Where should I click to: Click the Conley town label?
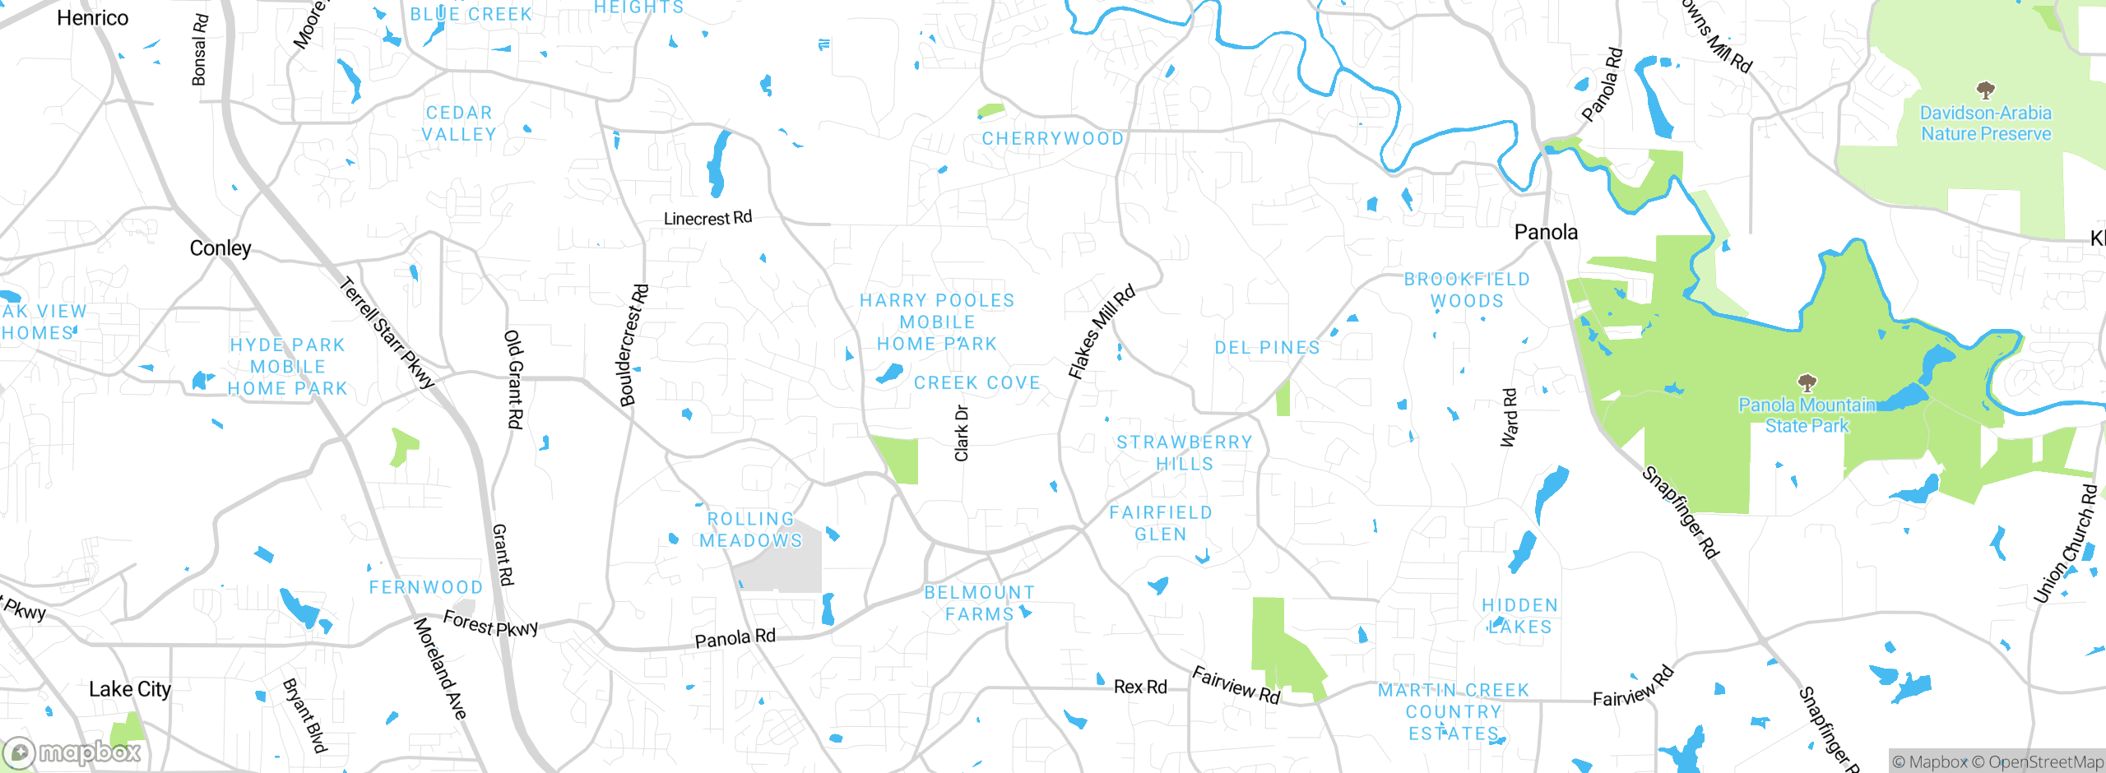pyautogui.click(x=220, y=248)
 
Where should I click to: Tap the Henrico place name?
pyautogui.click(x=92, y=18)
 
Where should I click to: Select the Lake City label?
pyautogui.click(x=130, y=689)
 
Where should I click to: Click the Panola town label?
pyautogui.click(x=1546, y=232)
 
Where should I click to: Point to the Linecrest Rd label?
pyautogui.click(x=707, y=218)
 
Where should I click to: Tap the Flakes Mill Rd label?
pyautogui.click(x=1101, y=331)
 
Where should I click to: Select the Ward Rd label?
pyautogui.click(x=1509, y=418)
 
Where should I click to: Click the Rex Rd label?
pyautogui.click(x=1140, y=687)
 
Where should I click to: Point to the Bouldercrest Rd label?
pyautogui.click(x=633, y=345)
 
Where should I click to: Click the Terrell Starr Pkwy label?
pyautogui.click(x=387, y=333)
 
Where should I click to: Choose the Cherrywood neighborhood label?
pyautogui.click(x=1052, y=138)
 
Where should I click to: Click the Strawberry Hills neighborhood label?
pyautogui.click(x=1184, y=453)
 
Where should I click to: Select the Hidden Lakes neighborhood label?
pyautogui.click(x=1519, y=616)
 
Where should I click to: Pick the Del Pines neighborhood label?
pyautogui.click(x=1267, y=348)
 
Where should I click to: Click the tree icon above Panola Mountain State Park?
pyautogui.click(x=1807, y=382)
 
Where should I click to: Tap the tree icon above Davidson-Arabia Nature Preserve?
pyautogui.click(x=1985, y=90)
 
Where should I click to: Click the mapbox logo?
pyautogui.click(x=72, y=752)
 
